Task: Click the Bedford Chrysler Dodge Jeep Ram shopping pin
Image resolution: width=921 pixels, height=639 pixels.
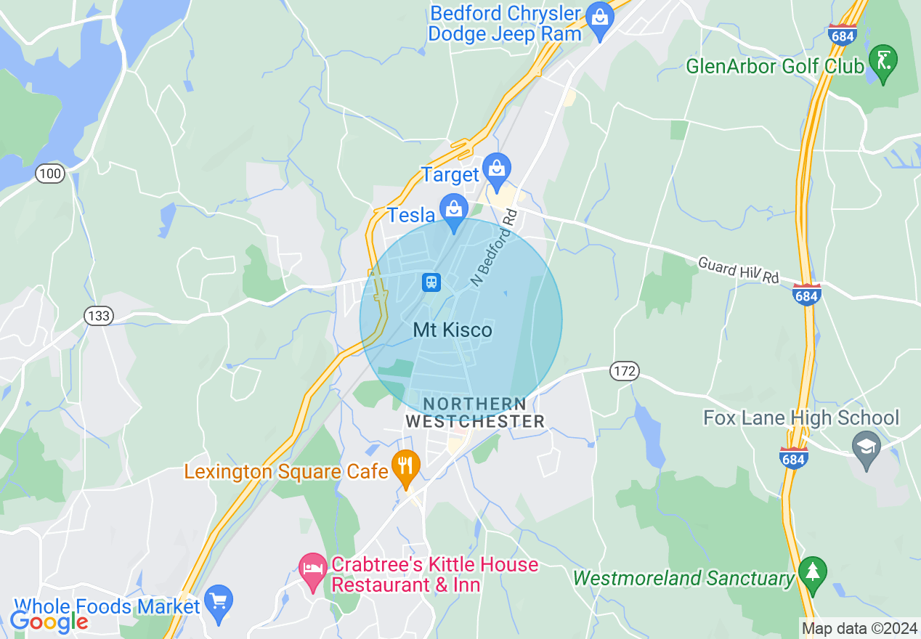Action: pyautogui.click(x=600, y=15)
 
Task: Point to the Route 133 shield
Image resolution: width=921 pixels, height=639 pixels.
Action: pyautogui.click(x=97, y=316)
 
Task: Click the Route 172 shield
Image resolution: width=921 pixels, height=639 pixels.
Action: pyautogui.click(x=624, y=371)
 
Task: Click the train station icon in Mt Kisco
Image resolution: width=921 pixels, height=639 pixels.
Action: pyautogui.click(x=431, y=281)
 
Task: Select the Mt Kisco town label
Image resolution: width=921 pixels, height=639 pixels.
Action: pyautogui.click(x=452, y=330)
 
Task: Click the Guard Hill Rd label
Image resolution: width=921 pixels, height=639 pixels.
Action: pyautogui.click(x=738, y=269)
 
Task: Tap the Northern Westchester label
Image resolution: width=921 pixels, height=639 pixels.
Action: pyautogui.click(x=475, y=412)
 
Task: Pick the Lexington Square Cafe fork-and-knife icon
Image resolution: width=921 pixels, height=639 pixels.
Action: pyautogui.click(x=405, y=465)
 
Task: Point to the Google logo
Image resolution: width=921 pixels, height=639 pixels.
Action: pyautogui.click(x=49, y=621)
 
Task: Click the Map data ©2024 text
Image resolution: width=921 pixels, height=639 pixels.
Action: pyautogui.click(x=859, y=628)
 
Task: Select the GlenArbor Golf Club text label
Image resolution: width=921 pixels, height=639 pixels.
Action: pyautogui.click(x=775, y=67)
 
